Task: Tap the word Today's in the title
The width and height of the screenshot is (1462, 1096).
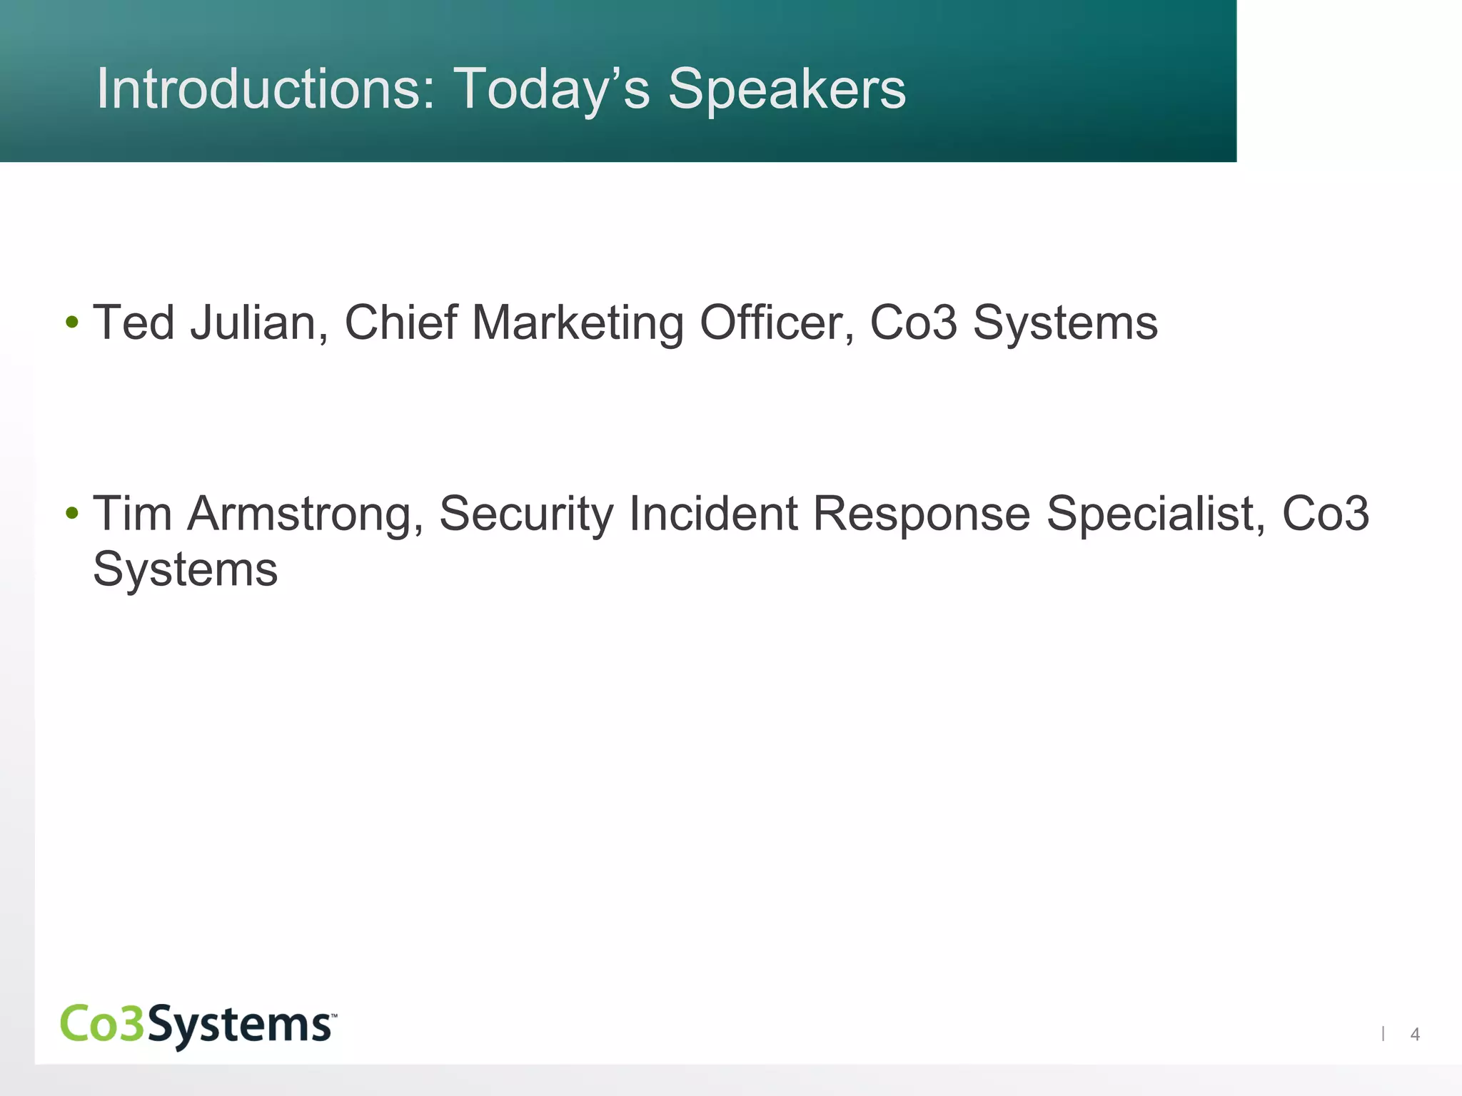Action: (551, 89)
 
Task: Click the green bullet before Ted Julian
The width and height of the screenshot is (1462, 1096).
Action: (71, 323)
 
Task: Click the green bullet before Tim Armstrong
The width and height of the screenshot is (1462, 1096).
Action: (71, 514)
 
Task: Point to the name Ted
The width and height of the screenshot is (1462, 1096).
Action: (134, 323)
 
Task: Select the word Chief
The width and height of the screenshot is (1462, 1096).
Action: (400, 323)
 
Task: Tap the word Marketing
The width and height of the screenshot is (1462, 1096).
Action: (578, 323)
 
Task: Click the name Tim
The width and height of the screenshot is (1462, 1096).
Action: (133, 514)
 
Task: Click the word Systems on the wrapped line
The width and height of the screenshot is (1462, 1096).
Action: (186, 569)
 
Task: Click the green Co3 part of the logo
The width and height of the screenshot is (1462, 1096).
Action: (103, 1023)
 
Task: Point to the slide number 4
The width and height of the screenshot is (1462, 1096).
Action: (1415, 1034)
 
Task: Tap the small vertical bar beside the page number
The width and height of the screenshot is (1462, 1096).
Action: (1383, 1033)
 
